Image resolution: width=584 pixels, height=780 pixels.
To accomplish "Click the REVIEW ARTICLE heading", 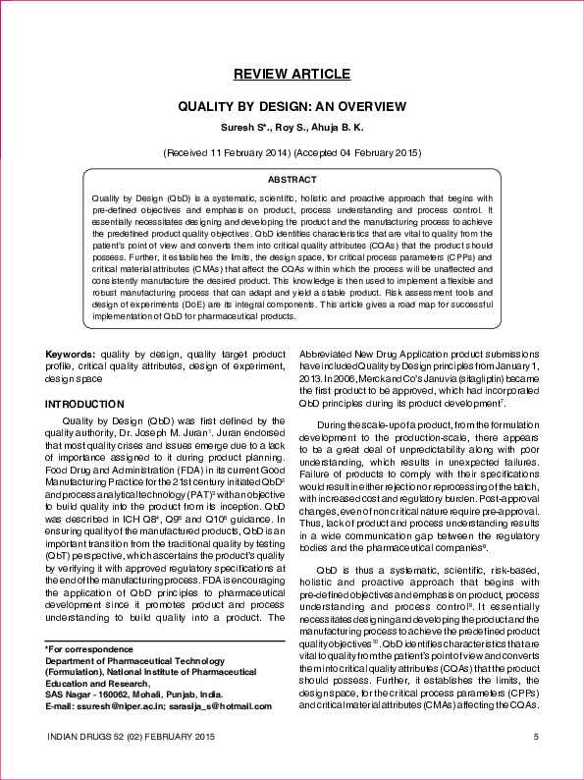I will [291, 75].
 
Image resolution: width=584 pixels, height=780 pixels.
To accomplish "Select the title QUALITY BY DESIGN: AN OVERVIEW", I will [291, 106].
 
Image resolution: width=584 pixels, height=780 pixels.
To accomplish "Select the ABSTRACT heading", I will [292, 180].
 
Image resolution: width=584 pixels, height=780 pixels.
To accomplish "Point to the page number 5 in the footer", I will [535, 737].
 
